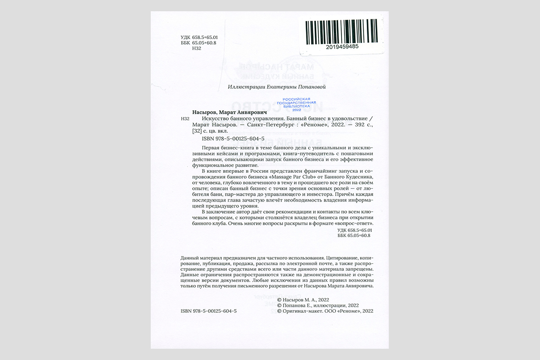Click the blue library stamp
click(x=297, y=104)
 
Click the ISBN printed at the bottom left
click(x=208, y=310)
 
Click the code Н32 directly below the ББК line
click(x=196, y=49)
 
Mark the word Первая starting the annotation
click(x=211, y=148)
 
